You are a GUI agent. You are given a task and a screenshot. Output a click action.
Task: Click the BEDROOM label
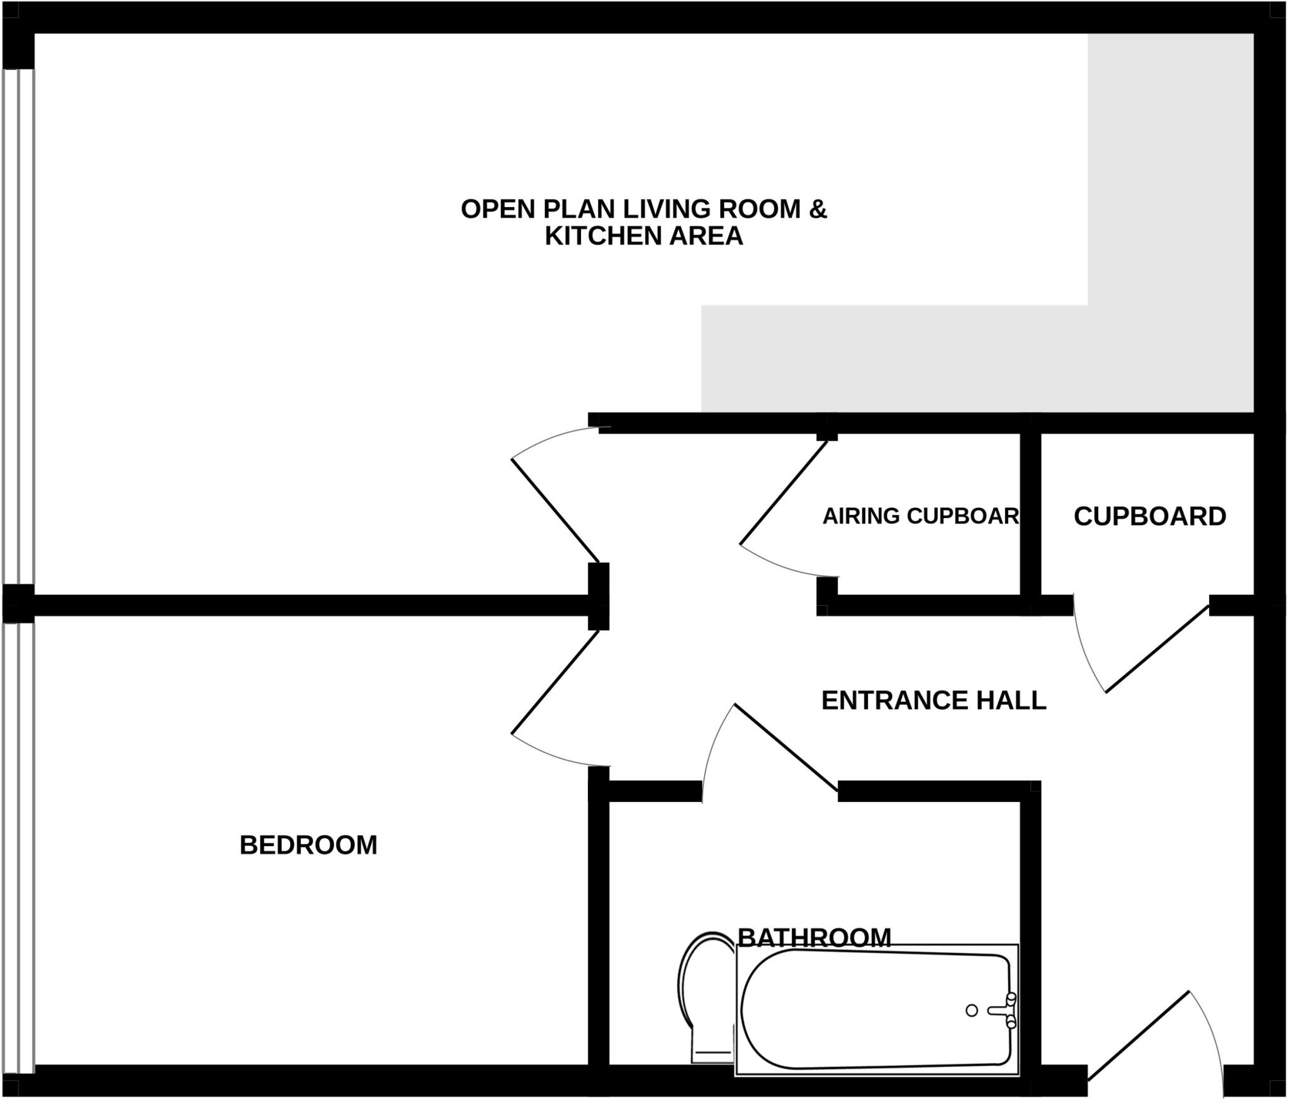point(308,845)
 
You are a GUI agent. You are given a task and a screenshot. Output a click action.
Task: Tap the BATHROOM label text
point(814,937)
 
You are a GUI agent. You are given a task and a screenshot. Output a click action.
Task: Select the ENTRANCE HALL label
point(933,700)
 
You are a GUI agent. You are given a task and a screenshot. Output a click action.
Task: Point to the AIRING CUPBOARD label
point(920,516)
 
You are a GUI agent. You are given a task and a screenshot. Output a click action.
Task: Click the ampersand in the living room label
point(818,209)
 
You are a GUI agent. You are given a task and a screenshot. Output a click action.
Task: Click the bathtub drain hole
point(971,1010)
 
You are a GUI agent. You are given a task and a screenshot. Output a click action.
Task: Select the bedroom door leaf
point(555,682)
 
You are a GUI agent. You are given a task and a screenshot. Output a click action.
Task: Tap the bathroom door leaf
point(785,747)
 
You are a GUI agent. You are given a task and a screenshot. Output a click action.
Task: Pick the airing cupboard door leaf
point(784,492)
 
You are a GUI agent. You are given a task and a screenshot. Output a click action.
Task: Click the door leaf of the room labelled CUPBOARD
point(1157,649)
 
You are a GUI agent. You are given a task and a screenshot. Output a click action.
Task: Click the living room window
point(18,327)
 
